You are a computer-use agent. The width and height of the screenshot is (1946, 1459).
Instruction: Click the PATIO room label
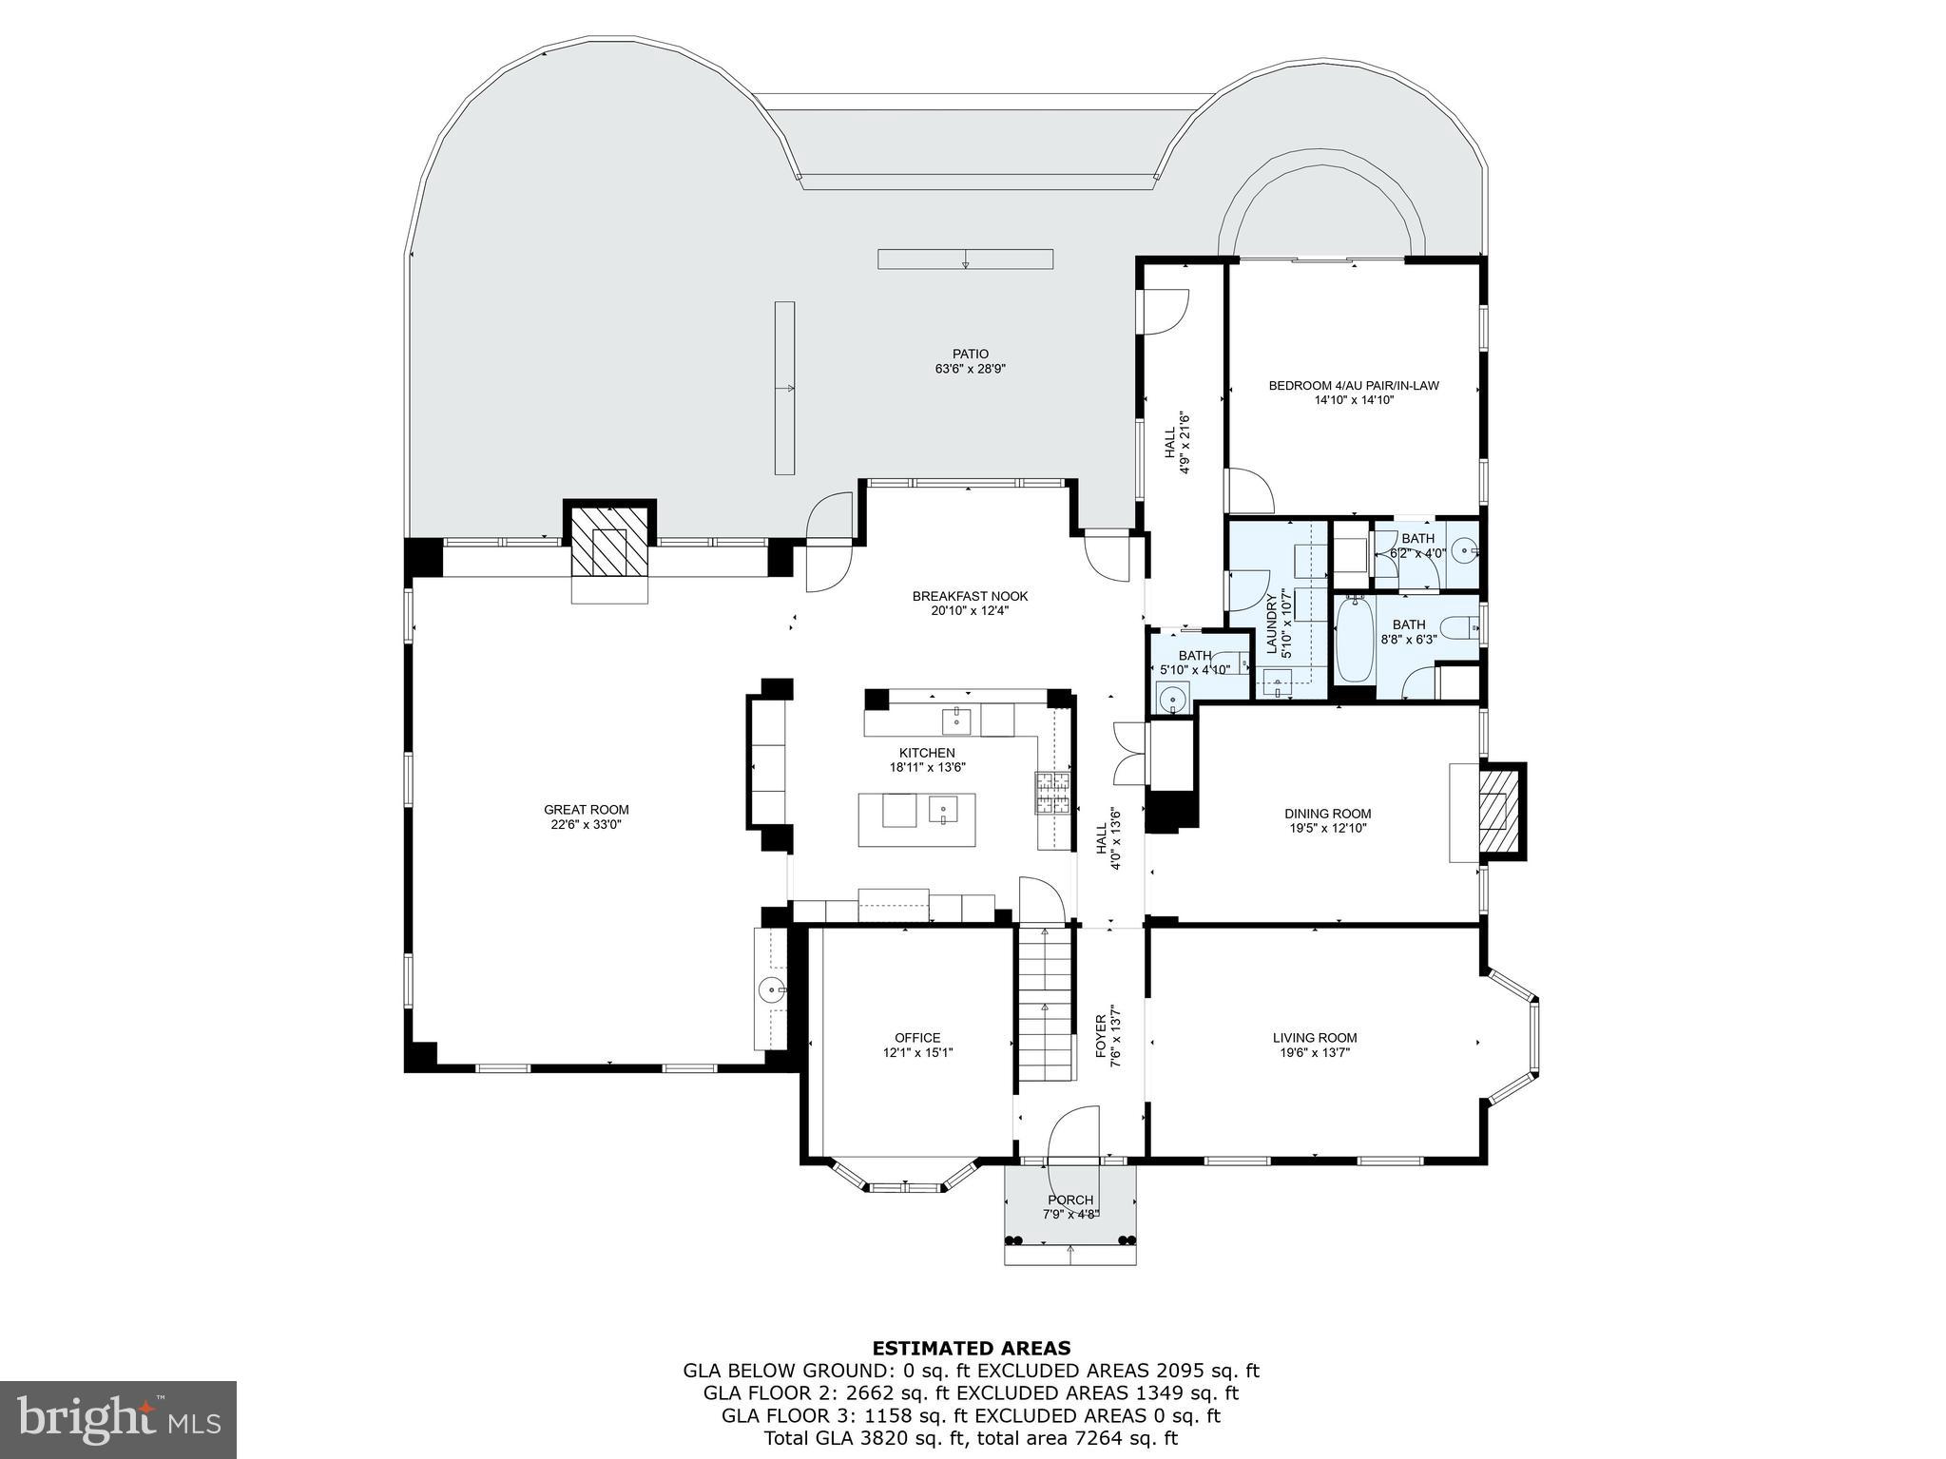click(970, 355)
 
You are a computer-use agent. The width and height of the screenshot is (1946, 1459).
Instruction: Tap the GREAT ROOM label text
click(586, 810)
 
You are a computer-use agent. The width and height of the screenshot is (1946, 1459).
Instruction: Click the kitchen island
click(916, 818)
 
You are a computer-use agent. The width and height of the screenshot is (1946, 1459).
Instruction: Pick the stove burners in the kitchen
click(1053, 794)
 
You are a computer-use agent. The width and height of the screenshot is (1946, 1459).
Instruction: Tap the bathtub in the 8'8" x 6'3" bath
click(1354, 639)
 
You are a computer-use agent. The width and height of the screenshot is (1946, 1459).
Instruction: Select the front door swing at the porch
click(1072, 1133)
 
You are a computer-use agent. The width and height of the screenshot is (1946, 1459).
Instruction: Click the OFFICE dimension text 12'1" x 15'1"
click(917, 1052)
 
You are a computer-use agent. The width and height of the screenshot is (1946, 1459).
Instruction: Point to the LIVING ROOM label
click(1314, 1037)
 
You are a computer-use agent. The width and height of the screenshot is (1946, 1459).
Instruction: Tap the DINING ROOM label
click(1327, 814)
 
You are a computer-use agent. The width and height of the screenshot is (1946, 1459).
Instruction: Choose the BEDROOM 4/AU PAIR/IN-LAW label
click(1353, 386)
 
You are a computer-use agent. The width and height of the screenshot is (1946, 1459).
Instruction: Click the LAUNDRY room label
click(1271, 624)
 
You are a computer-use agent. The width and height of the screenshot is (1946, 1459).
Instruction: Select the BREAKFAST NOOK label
click(970, 596)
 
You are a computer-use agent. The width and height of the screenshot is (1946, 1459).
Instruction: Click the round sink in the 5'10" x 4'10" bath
click(1174, 701)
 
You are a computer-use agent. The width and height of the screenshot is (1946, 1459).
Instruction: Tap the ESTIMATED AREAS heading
click(971, 1348)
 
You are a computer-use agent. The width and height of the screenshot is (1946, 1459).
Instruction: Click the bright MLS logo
click(118, 1419)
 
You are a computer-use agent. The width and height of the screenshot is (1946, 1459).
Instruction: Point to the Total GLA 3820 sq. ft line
click(971, 1438)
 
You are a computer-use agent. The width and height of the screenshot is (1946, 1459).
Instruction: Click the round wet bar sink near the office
click(772, 990)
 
